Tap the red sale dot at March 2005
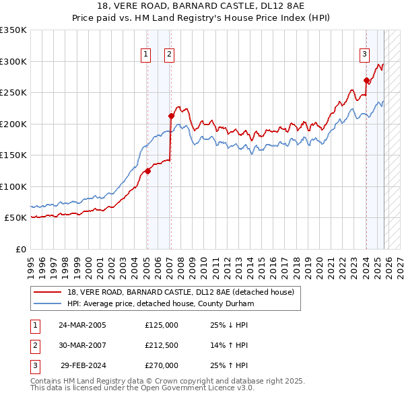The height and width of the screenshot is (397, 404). pyautogui.click(x=147, y=171)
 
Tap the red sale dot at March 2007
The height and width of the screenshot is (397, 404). pyautogui.click(x=171, y=116)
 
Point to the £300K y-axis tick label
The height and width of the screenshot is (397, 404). pyautogui.click(x=13, y=61)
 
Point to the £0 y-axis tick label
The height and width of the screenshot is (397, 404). pyautogui.click(x=20, y=249)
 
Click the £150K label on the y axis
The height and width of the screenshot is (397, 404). pyautogui.click(x=13, y=155)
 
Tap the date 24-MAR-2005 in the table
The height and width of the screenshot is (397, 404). pyautogui.click(x=82, y=325)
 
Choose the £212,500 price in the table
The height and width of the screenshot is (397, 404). pyautogui.click(x=161, y=345)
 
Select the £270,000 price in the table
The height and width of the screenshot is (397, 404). pyautogui.click(x=161, y=365)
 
